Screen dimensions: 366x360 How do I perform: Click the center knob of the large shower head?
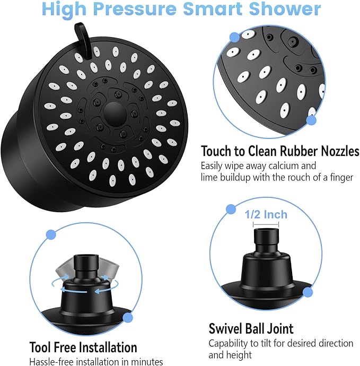pyautogui.click(x=113, y=112)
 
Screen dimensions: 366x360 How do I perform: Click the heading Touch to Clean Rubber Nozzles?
pyautogui.click(x=280, y=151)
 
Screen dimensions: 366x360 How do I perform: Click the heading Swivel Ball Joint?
pyautogui.click(x=251, y=328)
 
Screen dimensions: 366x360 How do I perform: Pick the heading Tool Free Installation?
pyautogui.click(x=83, y=347)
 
